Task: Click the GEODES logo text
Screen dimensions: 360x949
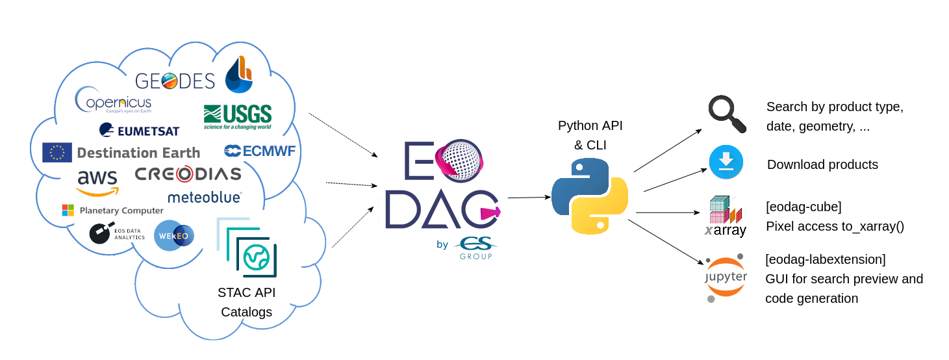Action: point(175,81)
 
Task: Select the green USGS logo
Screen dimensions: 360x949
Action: point(237,117)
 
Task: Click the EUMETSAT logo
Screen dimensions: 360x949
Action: point(139,130)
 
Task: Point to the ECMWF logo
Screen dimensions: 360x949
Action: point(260,151)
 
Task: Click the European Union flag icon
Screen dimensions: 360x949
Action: point(57,152)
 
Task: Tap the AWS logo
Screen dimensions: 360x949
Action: point(97,181)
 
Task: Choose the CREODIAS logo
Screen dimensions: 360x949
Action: point(188,174)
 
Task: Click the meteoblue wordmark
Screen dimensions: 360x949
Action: point(205,197)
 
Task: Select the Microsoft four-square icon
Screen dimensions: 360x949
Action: point(68,210)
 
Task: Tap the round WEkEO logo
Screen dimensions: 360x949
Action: point(173,235)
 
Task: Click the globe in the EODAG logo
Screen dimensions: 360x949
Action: point(459,161)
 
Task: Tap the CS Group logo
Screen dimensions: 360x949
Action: point(475,248)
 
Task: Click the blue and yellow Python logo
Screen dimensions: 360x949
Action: point(589,196)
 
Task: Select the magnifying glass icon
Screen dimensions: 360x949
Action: point(726,114)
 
